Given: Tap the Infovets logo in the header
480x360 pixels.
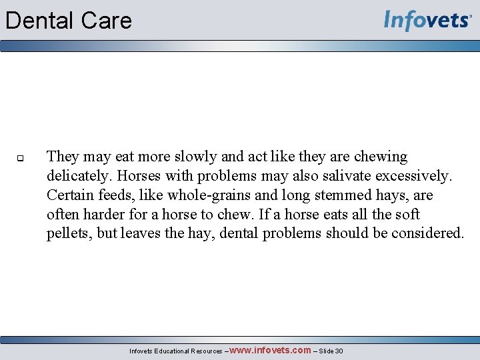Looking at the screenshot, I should (427, 21).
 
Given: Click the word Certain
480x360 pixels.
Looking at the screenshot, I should (69, 195).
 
